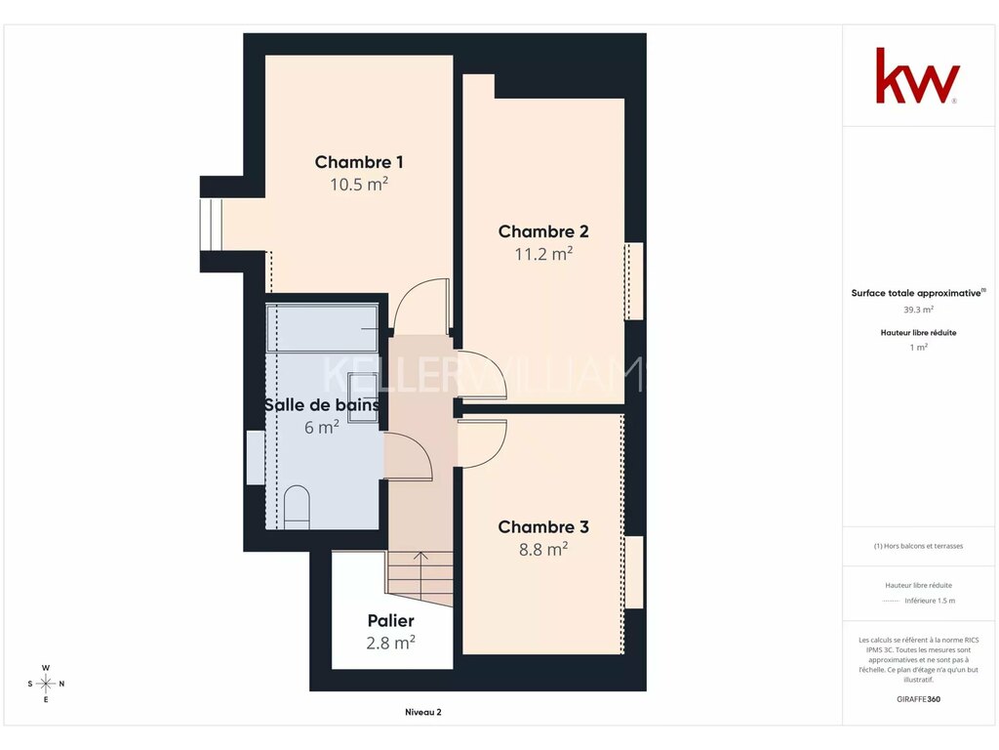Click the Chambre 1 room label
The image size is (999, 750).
pyautogui.click(x=359, y=162)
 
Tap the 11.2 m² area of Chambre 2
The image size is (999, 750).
pyautogui.click(x=543, y=254)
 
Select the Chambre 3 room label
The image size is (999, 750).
pyautogui.click(x=543, y=526)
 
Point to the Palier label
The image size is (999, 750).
pyautogui.click(x=390, y=620)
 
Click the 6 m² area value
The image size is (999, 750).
pyautogui.click(x=321, y=427)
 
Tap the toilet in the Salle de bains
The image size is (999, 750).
pyautogui.click(x=297, y=508)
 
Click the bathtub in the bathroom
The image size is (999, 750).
pyautogui.click(x=322, y=328)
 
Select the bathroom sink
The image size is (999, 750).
pyautogui.click(x=363, y=396)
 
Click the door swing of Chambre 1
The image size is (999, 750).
pyautogui.click(x=421, y=306)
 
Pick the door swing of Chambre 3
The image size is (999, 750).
pyautogui.click(x=482, y=443)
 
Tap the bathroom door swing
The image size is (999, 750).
pyautogui.click(x=409, y=455)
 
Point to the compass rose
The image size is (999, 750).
pyautogui.click(x=46, y=684)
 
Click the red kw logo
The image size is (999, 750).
pyautogui.click(x=917, y=75)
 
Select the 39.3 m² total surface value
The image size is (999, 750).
pyautogui.click(x=918, y=310)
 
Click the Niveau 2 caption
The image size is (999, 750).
pyautogui.click(x=423, y=712)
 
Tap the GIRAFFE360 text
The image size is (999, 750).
pyautogui.click(x=918, y=699)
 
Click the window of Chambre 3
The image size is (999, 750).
pyautogui.click(x=634, y=572)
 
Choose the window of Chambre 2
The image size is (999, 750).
pyautogui.click(x=634, y=280)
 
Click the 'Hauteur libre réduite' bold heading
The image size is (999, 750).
pyautogui.click(x=918, y=332)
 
